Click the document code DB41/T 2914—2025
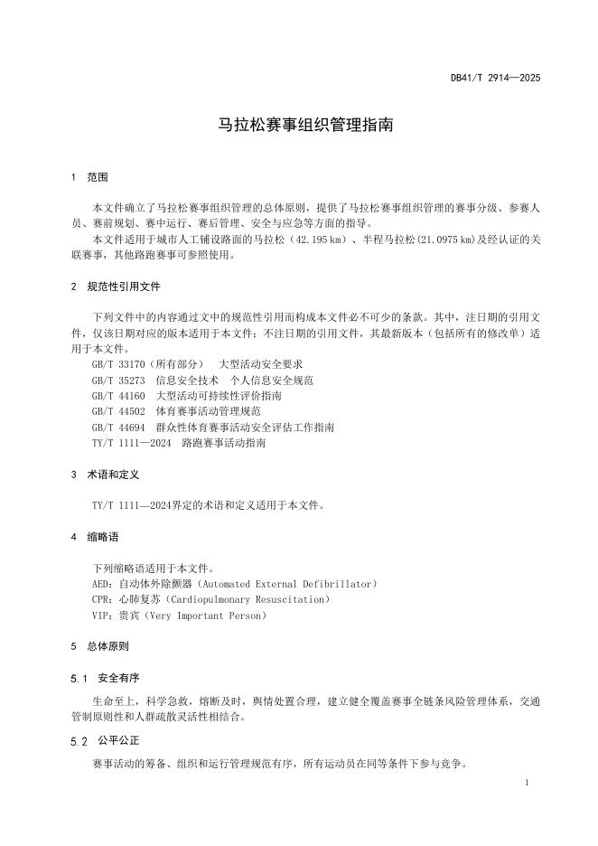pyautogui.click(x=495, y=78)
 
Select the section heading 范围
pyautogui.click(x=98, y=176)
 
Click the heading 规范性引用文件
pyautogui.click(x=124, y=287)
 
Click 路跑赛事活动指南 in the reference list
pyautogui.click(x=224, y=443)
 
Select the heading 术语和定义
pyautogui.click(x=113, y=475)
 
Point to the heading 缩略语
pyautogui.click(x=103, y=537)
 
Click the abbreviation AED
pyautogui.click(x=101, y=584)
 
